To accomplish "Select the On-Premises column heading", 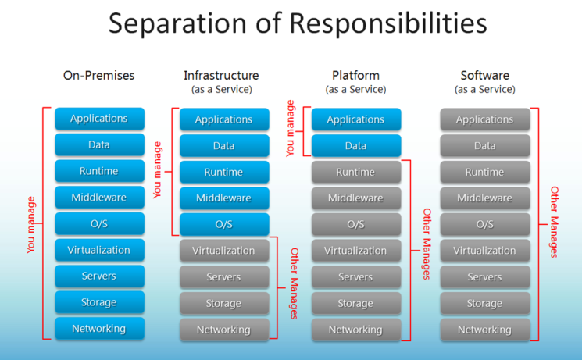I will point(98,76).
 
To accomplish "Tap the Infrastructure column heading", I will point(221,76).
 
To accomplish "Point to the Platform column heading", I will point(355,76).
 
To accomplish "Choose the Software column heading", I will point(484,76).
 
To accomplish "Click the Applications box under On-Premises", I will point(99,119).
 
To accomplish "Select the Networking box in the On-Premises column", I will point(99,329).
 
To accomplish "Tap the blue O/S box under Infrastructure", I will point(224,224).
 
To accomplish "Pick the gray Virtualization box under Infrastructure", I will point(224,251).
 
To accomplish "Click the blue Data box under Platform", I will point(355,146).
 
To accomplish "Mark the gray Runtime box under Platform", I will point(355,172).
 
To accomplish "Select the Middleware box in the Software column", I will point(484,198).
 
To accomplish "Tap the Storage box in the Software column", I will point(484,304).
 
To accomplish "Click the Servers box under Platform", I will point(355,277).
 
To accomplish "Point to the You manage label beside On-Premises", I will point(31,225).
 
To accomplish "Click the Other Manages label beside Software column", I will point(555,222).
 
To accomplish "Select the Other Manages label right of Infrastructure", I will point(295,283).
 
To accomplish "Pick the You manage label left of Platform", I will point(291,129).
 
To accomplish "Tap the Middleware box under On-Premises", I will point(99,198).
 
